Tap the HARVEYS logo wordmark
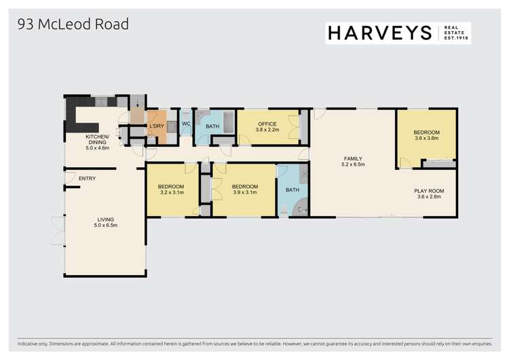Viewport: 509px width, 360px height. click(x=380, y=33)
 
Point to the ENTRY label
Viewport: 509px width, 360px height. click(x=87, y=179)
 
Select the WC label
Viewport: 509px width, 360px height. click(x=185, y=124)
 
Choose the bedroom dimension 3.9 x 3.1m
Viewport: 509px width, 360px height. click(x=244, y=193)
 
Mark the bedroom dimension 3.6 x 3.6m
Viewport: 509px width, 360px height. click(x=426, y=138)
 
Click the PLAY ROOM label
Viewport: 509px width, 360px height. click(x=428, y=192)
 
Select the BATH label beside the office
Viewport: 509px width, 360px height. click(x=212, y=126)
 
